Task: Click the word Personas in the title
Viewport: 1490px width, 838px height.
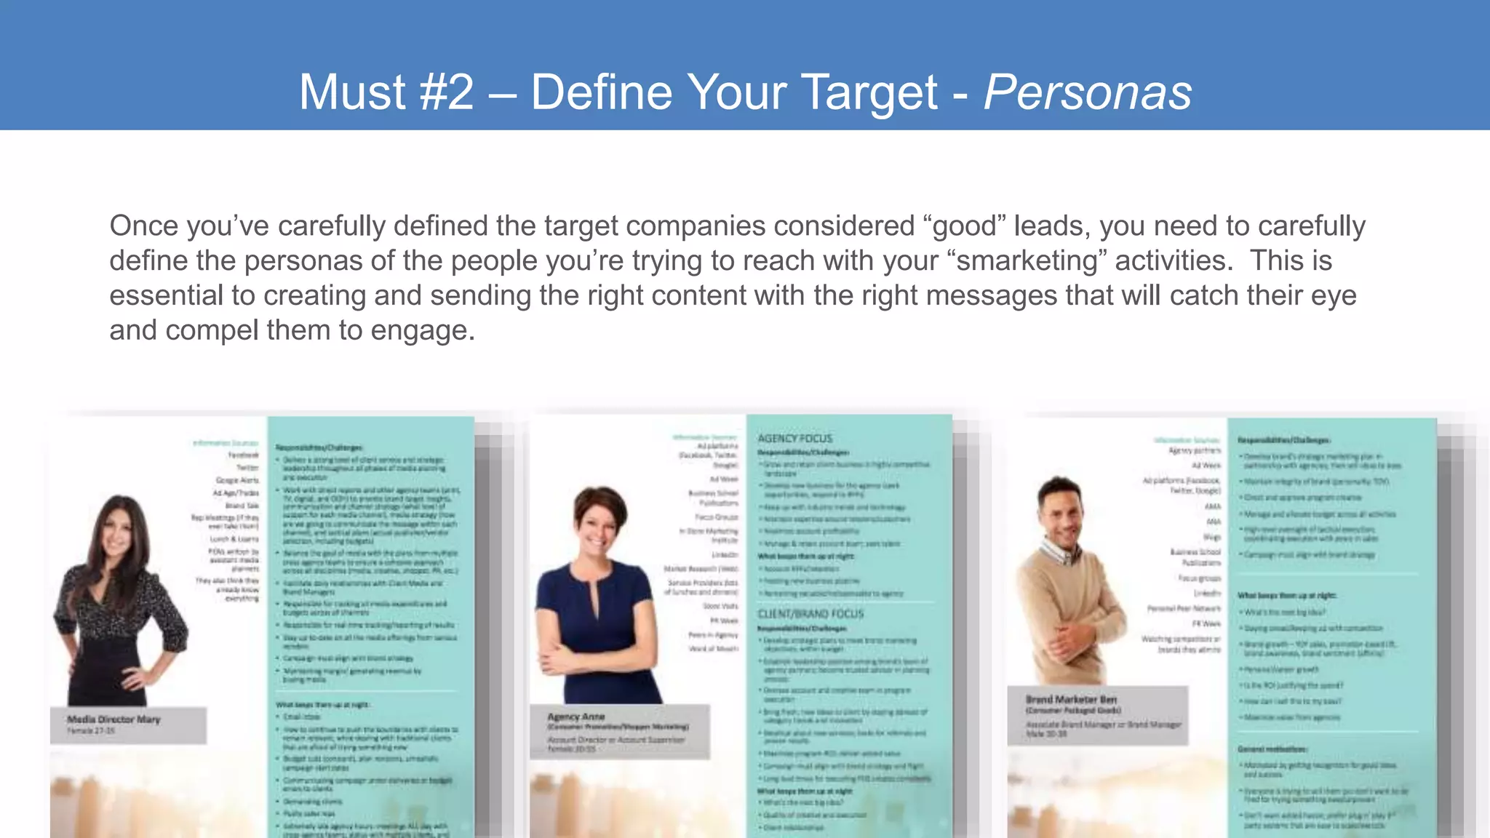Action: point(1088,92)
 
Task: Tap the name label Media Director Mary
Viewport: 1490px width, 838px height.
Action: point(113,719)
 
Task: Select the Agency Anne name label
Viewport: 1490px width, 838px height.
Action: point(576,717)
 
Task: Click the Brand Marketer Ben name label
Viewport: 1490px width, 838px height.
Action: point(1071,699)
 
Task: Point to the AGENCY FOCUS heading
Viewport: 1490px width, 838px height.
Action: point(794,439)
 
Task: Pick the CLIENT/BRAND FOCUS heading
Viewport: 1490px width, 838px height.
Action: point(810,614)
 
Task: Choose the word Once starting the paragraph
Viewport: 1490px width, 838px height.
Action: point(143,226)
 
